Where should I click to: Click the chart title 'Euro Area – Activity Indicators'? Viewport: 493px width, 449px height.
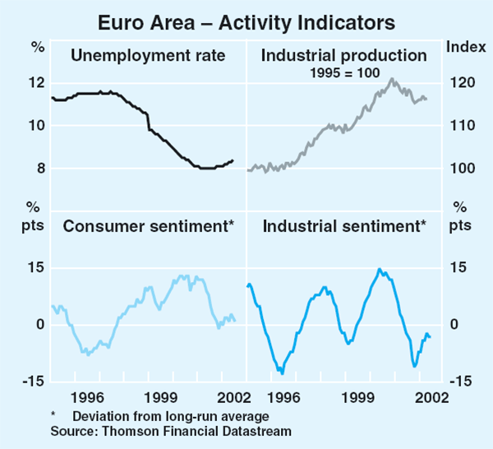point(246,18)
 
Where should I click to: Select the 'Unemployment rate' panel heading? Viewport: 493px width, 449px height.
point(148,56)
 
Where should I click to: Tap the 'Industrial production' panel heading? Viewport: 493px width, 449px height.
point(343,56)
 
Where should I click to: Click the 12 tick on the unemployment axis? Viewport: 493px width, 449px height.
point(35,83)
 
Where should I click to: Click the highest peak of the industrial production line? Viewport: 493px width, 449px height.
point(393,79)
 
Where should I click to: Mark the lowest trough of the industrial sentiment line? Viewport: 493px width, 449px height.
point(282,373)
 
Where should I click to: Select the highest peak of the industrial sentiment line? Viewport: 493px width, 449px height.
point(379,269)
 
